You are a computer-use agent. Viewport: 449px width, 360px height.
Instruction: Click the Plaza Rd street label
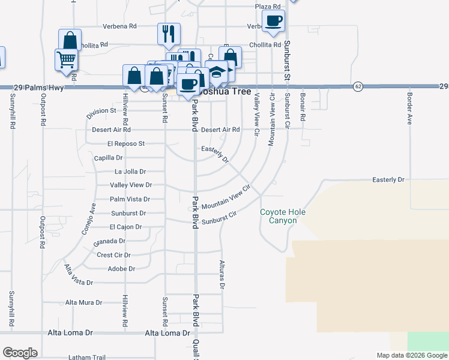pyautogui.click(x=268, y=7)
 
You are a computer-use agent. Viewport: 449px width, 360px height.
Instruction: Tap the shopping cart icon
pyautogui.click(x=66, y=59)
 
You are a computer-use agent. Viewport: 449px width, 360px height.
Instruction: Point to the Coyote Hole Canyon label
pyautogui.click(x=279, y=217)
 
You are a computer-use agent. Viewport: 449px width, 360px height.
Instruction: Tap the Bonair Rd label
pyautogui.click(x=303, y=108)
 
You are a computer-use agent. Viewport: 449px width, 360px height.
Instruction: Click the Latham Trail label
pyautogui.click(x=87, y=358)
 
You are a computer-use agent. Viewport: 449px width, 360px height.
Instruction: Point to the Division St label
pyautogui.click(x=101, y=111)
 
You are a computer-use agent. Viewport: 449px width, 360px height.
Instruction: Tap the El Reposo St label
pyautogui.click(x=126, y=144)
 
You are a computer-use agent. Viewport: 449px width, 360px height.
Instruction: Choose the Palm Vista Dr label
pyautogui.click(x=130, y=199)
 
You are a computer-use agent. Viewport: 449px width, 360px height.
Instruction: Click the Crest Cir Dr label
pyautogui.click(x=114, y=255)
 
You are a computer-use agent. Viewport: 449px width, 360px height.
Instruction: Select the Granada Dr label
pyautogui.click(x=109, y=241)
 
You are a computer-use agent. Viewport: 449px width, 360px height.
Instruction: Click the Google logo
pyautogui.click(x=20, y=353)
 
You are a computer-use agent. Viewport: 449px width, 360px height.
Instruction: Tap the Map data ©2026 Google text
pyautogui.click(x=411, y=355)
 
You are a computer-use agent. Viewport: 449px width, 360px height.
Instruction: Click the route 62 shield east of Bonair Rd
pyautogui.click(x=358, y=86)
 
